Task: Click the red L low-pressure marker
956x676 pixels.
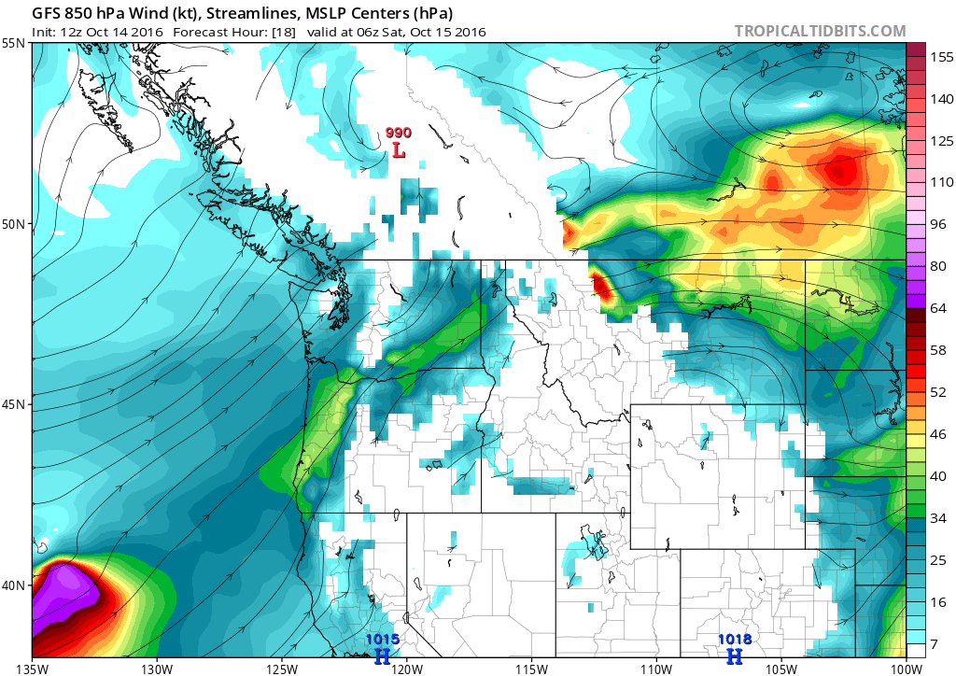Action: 399,149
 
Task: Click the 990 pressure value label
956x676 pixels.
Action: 399,134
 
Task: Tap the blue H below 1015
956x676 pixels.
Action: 382,656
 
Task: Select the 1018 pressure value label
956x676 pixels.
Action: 734,640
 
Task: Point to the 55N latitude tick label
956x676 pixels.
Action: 15,44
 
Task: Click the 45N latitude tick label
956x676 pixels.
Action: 15,404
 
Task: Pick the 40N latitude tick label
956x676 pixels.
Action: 15,584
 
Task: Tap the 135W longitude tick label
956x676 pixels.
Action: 32,669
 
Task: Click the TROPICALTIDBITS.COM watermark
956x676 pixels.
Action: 820,31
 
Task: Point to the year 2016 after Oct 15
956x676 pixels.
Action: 468,32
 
